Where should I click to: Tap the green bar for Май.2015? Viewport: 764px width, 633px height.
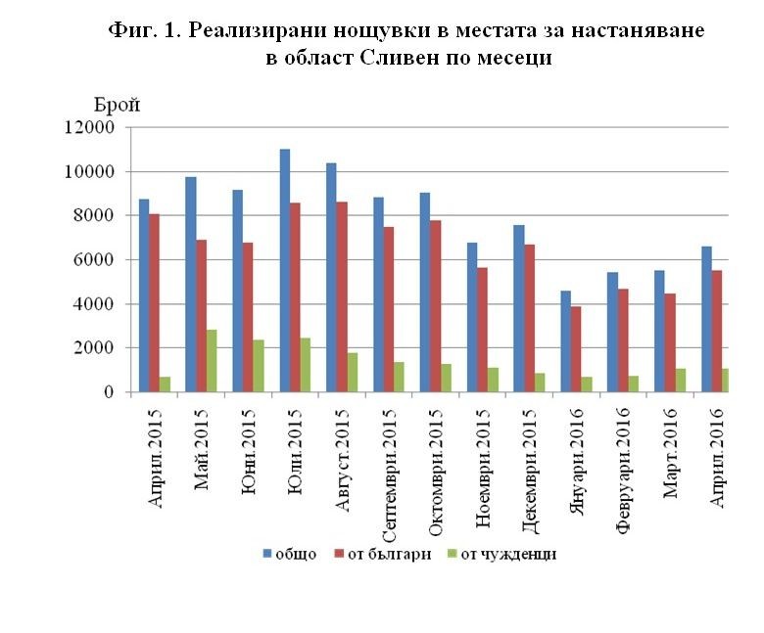click(x=211, y=361)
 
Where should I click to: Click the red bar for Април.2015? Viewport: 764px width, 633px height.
click(x=155, y=303)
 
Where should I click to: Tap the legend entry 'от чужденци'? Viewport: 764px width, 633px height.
click(x=508, y=555)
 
